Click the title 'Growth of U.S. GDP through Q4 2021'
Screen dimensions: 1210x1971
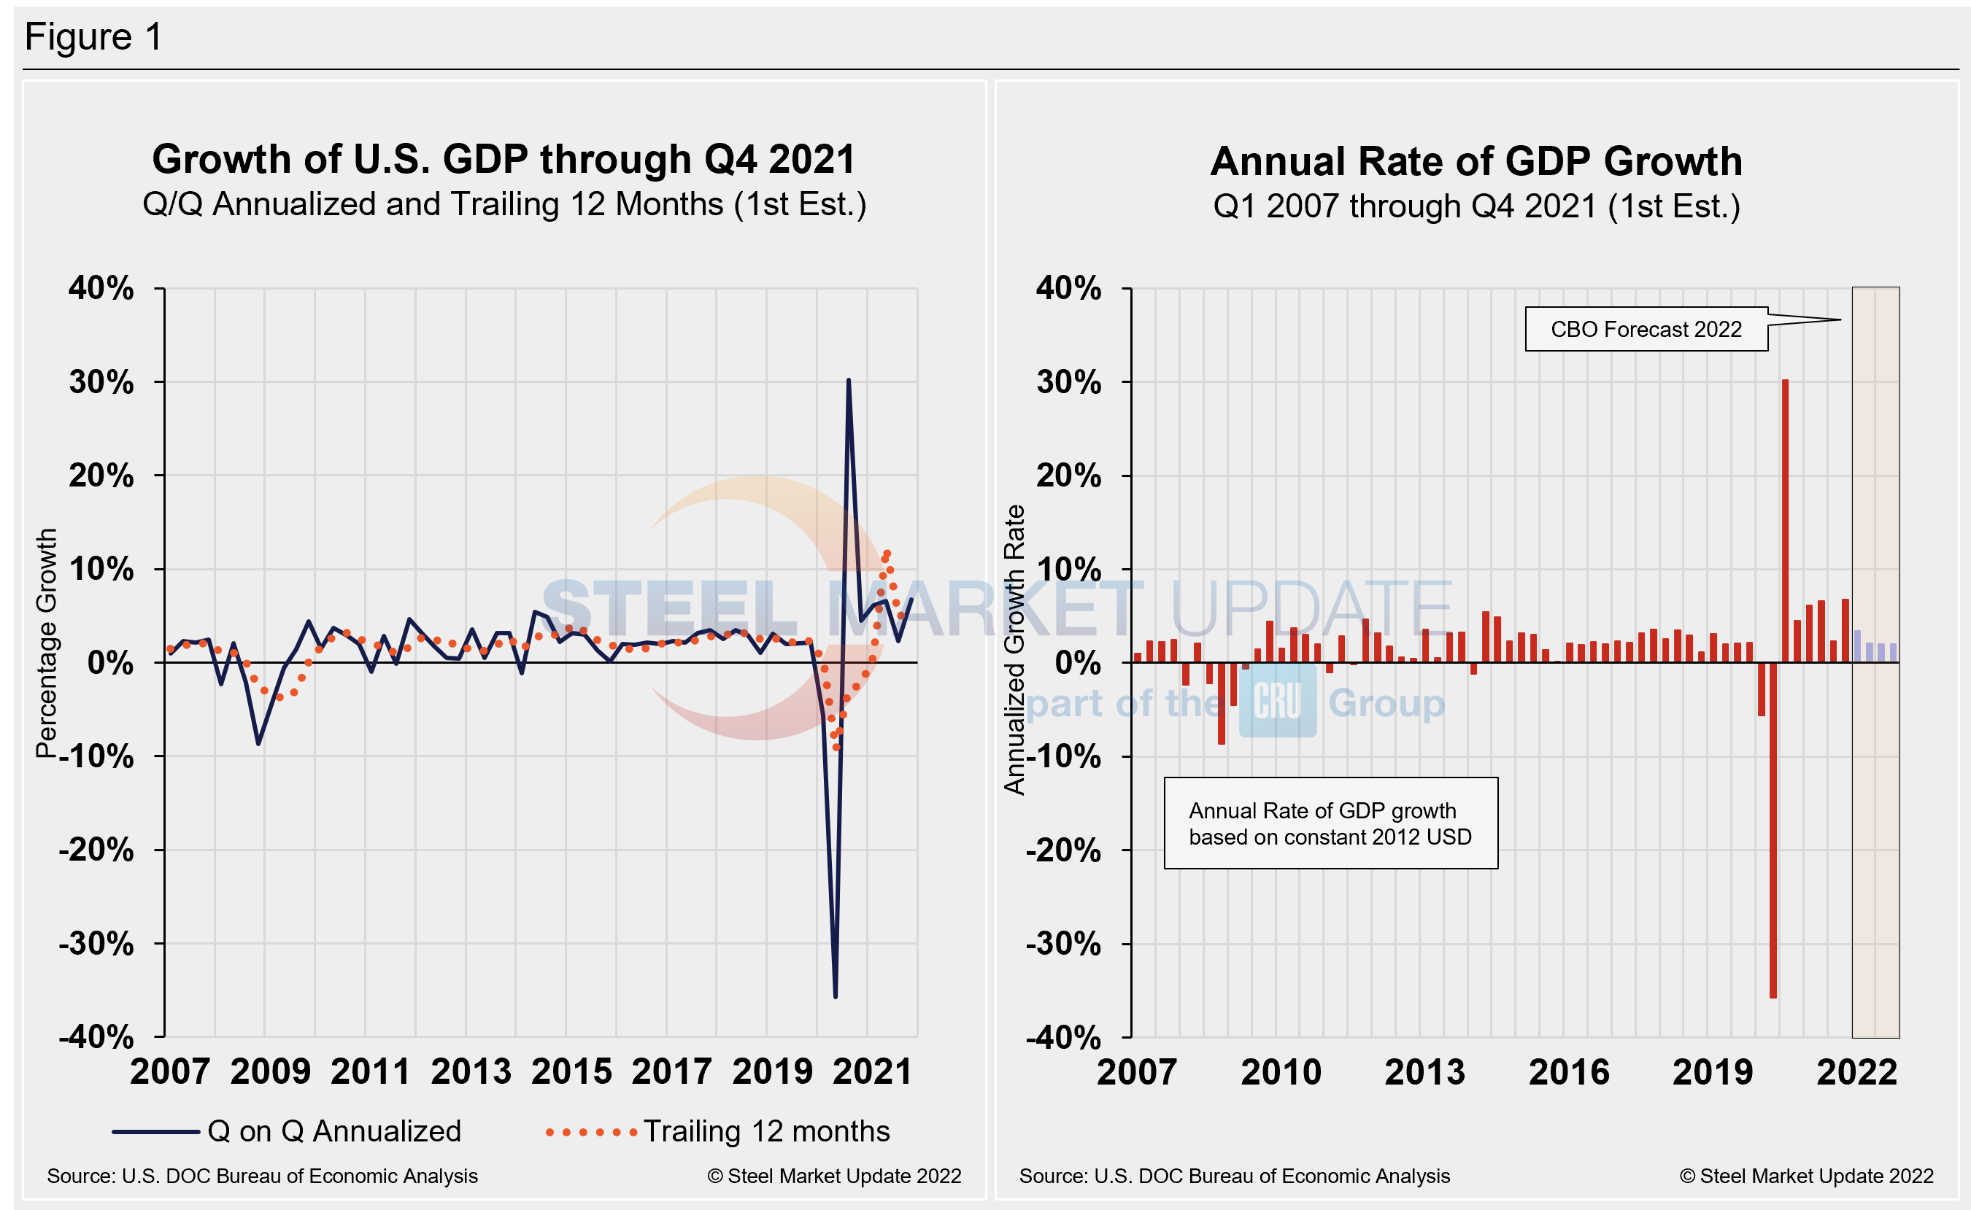click(x=504, y=159)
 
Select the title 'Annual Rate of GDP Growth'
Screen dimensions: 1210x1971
click(x=1476, y=162)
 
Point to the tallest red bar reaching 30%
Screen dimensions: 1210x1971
click(x=1784, y=520)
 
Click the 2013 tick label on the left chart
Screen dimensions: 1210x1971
click(x=471, y=1071)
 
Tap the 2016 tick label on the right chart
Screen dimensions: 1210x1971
click(x=1568, y=1072)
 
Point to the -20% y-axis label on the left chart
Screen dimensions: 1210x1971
click(x=96, y=850)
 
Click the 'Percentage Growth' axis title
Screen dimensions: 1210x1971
click(x=47, y=643)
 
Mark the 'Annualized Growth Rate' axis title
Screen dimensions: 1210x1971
click(x=1014, y=649)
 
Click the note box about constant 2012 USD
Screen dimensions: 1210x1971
click(x=1330, y=823)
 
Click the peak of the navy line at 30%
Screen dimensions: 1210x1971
click(x=848, y=381)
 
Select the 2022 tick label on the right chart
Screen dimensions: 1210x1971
click(x=1856, y=1072)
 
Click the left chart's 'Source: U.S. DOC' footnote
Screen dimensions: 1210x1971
click(x=262, y=1176)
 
